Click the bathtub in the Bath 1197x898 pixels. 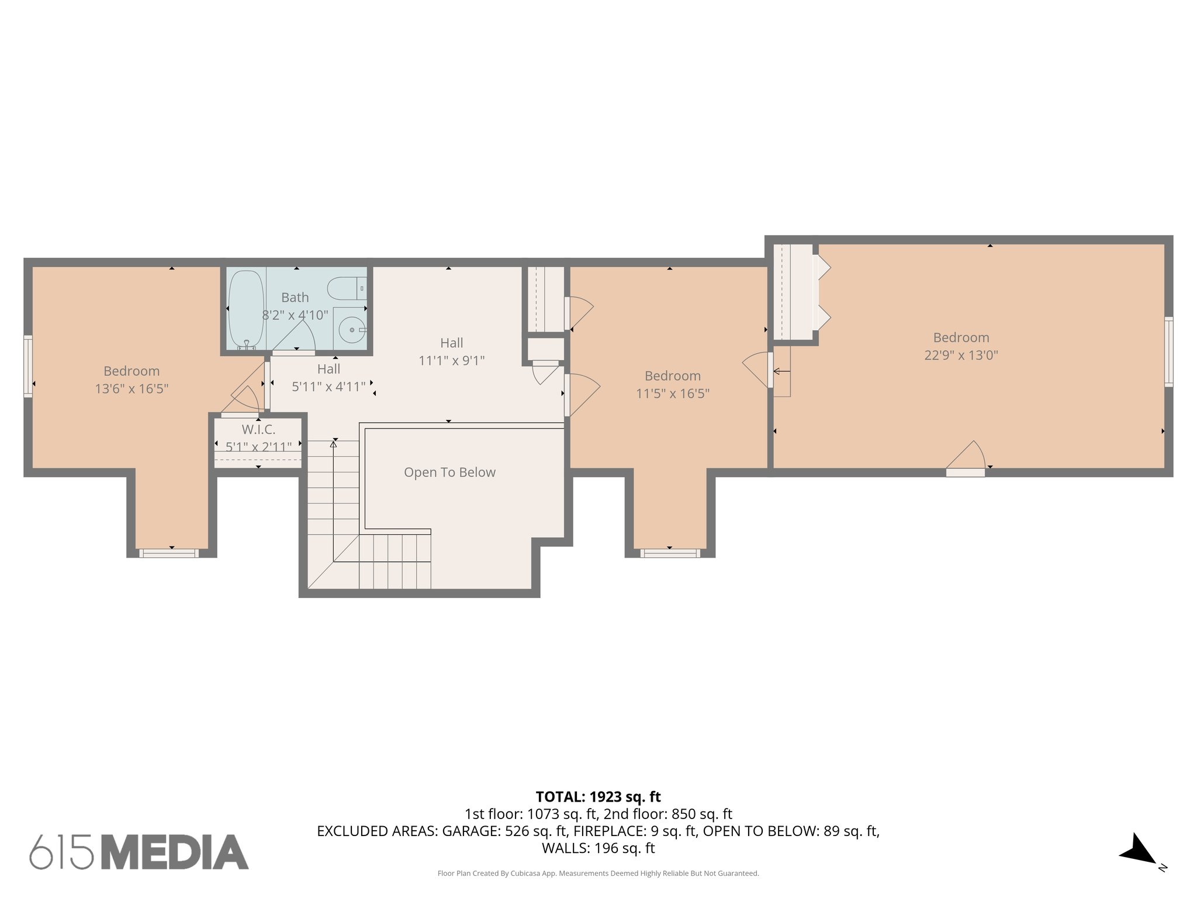click(246, 309)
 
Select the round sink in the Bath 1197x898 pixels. click(352, 330)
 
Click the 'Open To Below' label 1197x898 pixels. click(449, 472)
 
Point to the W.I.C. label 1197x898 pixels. click(258, 430)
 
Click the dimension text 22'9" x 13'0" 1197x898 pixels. click(961, 355)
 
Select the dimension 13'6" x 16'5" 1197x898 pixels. click(132, 389)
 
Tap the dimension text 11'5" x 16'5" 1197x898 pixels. click(672, 393)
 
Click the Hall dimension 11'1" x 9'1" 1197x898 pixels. click(451, 361)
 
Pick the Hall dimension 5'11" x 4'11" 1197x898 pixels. click(328, 386)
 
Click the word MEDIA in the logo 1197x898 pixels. click(175, 852)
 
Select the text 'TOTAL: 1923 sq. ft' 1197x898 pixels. click(598, 797)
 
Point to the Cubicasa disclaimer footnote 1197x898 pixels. click(598, 873)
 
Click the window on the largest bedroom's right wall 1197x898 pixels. click(1168, 352)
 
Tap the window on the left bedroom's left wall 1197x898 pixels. click(27, 367)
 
